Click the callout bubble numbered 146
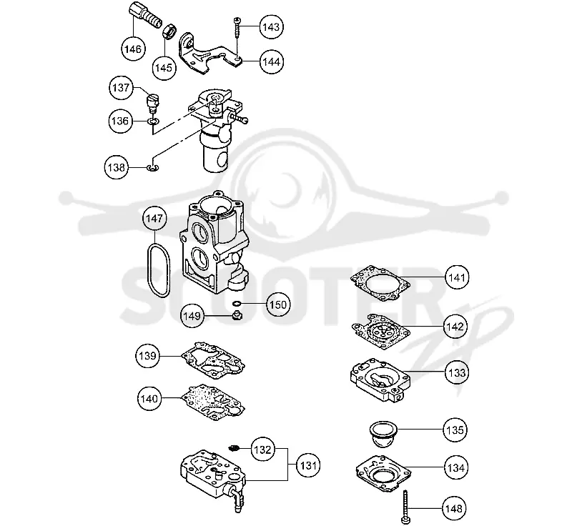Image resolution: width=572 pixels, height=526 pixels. click(133, 49)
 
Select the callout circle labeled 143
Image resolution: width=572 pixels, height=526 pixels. click(272, 27)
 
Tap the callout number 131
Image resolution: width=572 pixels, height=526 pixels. click(308, 465)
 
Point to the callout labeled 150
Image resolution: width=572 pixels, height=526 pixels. click(278, 304)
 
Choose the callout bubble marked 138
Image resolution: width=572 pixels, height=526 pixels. click(117, 168)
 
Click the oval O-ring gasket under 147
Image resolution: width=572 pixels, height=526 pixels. click(149, 269)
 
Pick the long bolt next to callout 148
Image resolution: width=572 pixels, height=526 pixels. click(405, 507)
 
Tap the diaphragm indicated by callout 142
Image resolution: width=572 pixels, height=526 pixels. click(381, 332)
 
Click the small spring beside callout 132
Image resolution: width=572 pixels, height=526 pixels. click(233, 447)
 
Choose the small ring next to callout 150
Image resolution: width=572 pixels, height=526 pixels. click(237, 303)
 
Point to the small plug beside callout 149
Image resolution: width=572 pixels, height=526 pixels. click(237, 314)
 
